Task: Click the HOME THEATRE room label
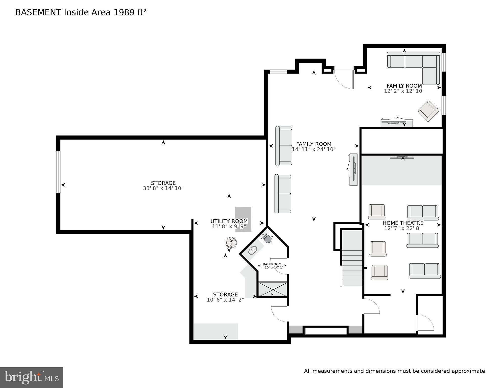403,223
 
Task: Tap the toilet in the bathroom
267,238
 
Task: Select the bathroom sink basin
252,250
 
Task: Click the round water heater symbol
231,243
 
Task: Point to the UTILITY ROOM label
229,221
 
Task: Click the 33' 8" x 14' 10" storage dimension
163,188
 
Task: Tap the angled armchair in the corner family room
428,111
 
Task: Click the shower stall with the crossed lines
273,289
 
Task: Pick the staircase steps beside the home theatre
352,268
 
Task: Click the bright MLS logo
31,377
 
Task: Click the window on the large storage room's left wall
58,172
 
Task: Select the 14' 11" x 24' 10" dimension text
314,149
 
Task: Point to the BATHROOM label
272,264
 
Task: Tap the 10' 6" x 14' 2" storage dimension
225,300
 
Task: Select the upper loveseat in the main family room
284,146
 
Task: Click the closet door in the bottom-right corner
425,323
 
